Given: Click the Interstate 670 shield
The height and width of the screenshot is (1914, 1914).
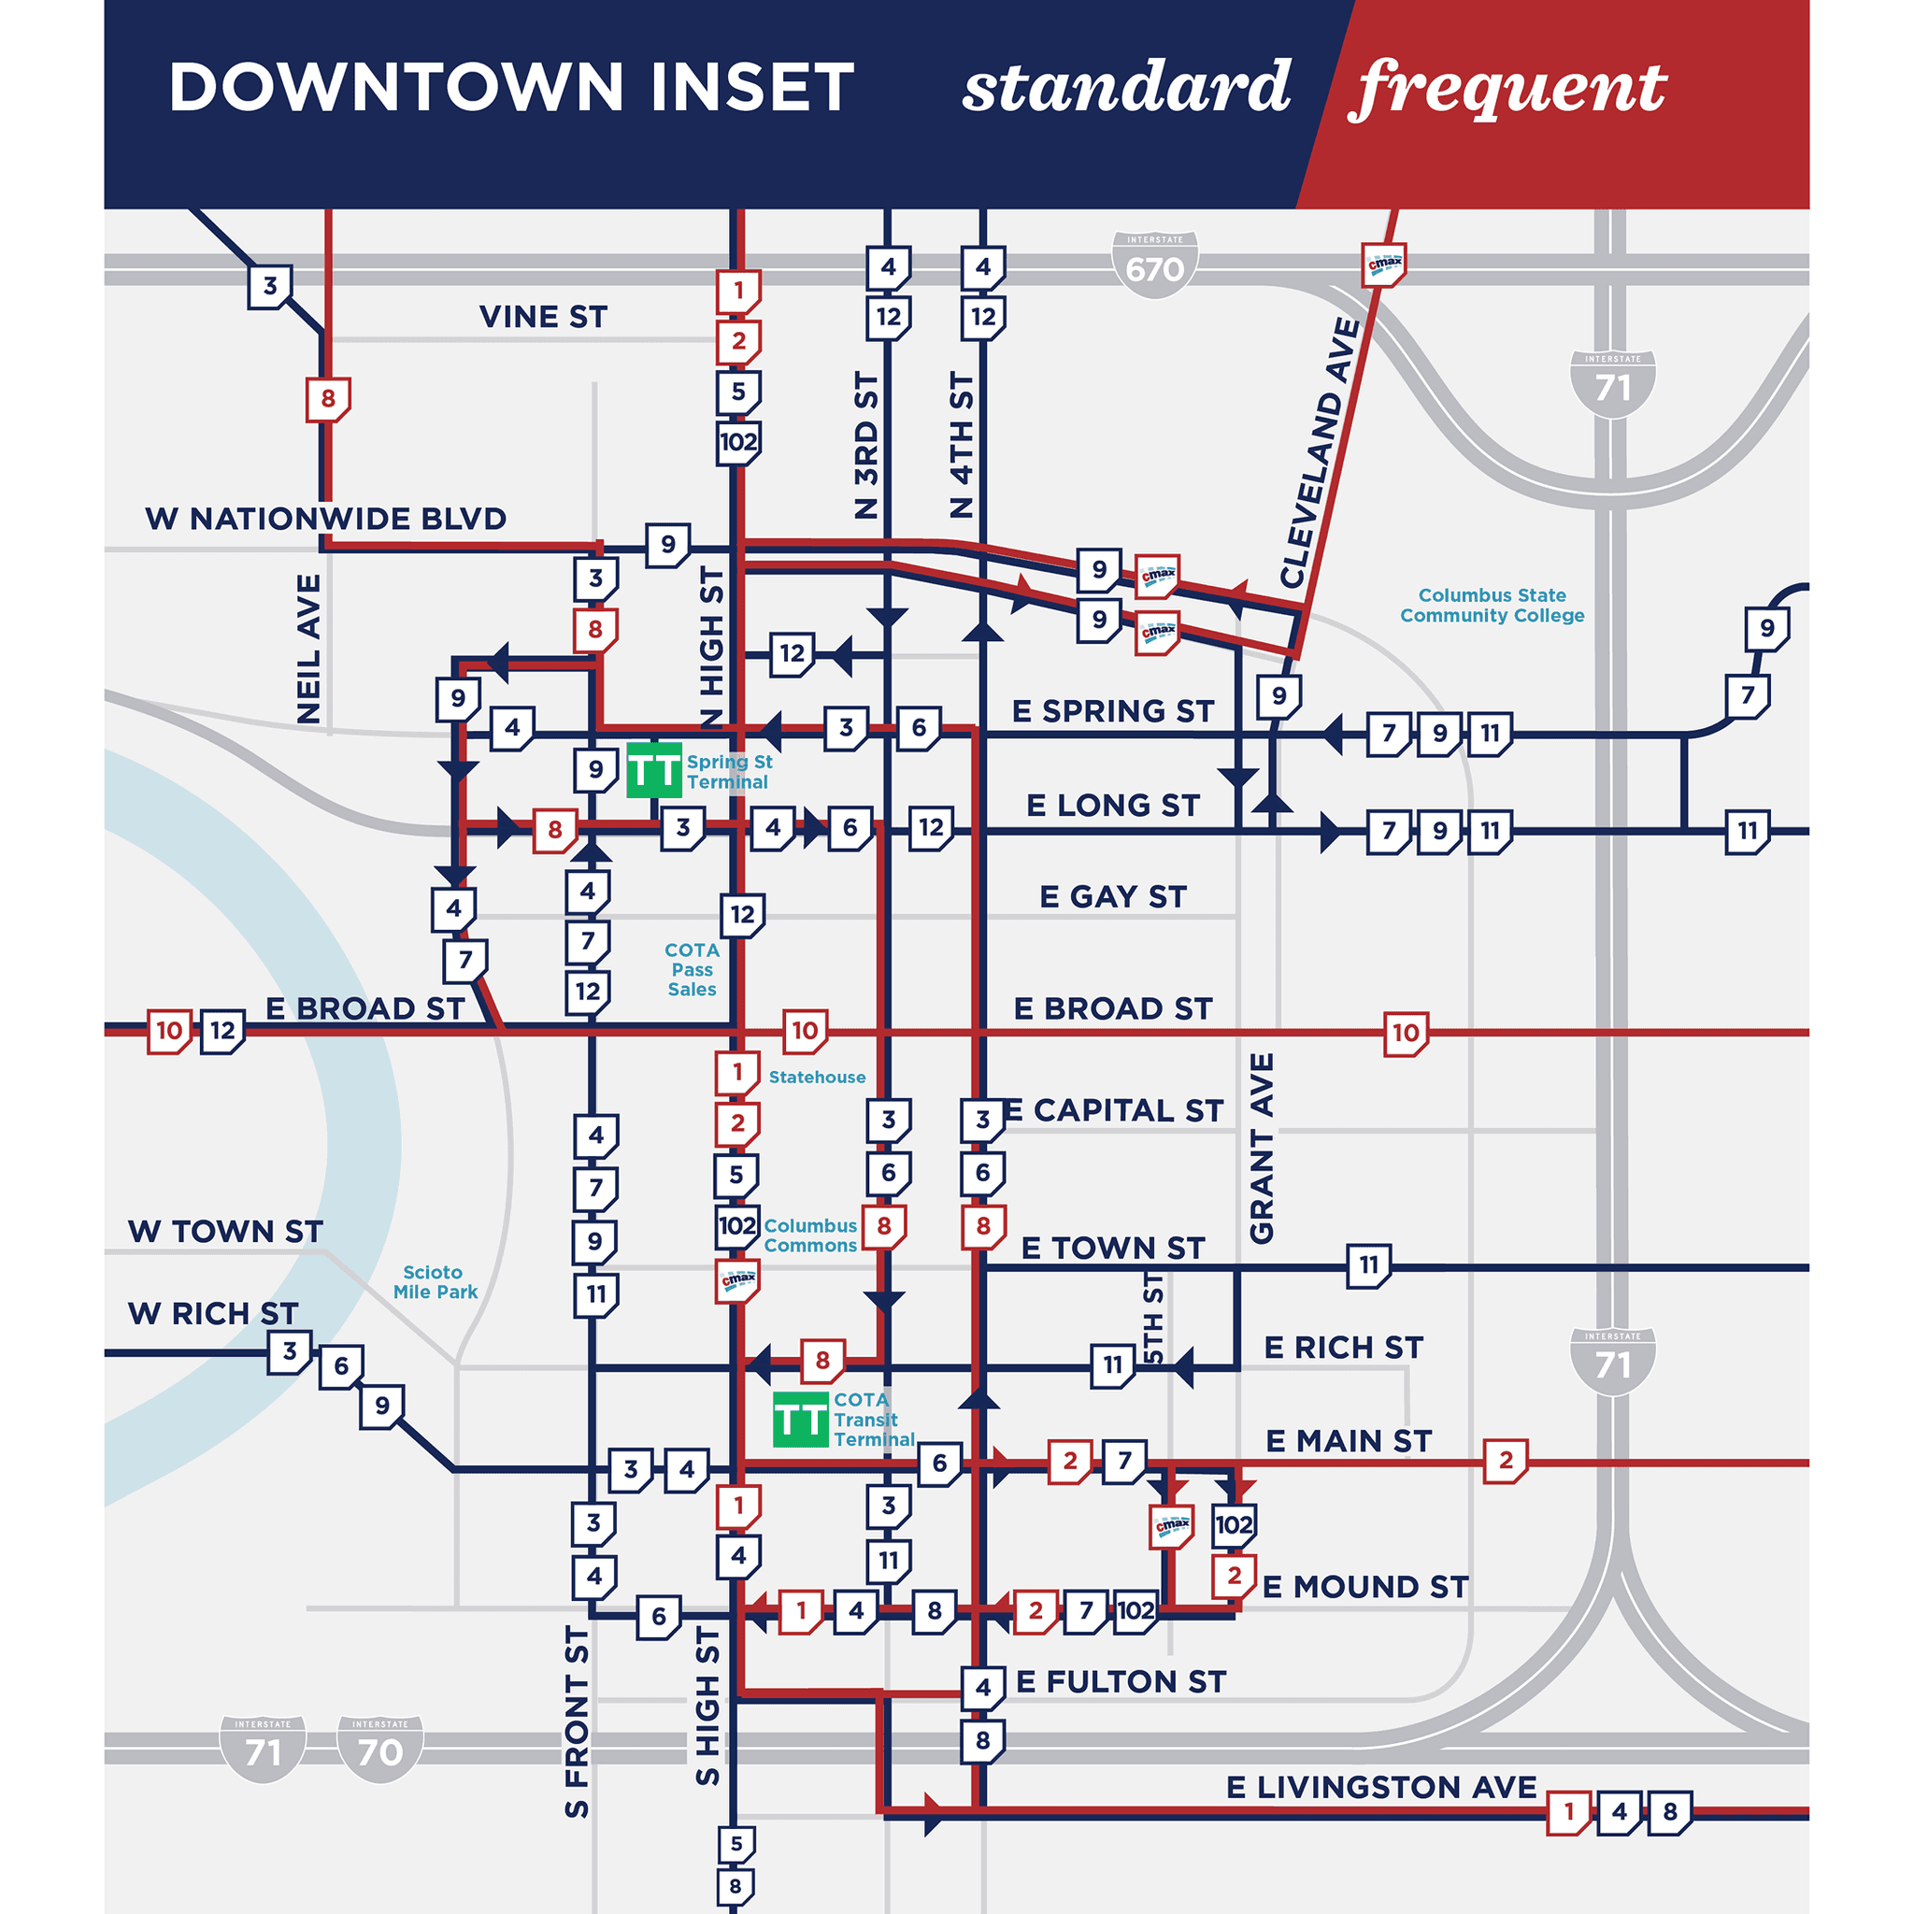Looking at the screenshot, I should [x=1154, y=264].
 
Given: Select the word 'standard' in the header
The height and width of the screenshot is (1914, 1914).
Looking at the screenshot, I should [x=1126, y=87].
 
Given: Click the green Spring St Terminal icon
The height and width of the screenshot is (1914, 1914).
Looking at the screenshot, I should [x=654, y=770].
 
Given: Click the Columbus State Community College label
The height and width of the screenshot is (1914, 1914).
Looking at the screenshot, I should [x=1491, y=606].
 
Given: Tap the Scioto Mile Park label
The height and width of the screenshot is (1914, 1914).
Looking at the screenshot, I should [x=434, y=1282].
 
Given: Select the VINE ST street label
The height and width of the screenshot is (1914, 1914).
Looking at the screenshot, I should [x=543, y=317].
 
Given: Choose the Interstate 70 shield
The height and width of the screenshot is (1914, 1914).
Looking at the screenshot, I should [x=379, y=1750].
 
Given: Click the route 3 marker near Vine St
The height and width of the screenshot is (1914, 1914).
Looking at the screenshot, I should [x=269, y=286].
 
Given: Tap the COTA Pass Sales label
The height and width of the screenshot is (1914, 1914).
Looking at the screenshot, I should [x=692, y=969].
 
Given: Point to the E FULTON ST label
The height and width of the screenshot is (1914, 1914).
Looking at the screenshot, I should [x=1121, y=1681].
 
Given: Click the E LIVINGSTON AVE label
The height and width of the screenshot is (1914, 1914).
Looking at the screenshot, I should [x=1381, y=1787].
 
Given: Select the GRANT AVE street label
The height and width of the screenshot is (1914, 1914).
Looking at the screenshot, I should [x=1261, y=1149].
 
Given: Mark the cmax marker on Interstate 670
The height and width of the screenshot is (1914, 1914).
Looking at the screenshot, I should [x=1384, y=264].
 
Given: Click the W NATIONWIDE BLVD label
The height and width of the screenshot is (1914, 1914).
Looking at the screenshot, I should [x=325, y=518].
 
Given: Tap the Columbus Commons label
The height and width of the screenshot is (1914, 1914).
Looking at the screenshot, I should [x=809, y=1236].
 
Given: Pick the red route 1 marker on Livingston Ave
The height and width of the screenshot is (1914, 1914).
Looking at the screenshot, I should [x=1568, y=1813].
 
